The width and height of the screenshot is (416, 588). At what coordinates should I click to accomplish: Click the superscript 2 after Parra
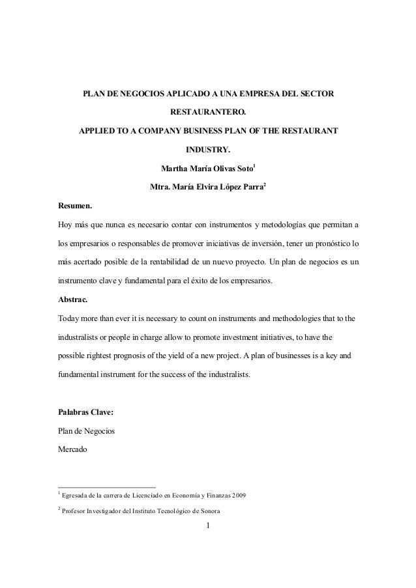[x=264, y=186]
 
